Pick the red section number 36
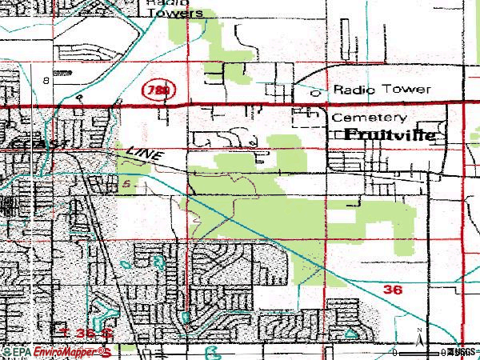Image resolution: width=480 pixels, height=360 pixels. [393, 290]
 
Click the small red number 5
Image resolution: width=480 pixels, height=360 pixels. [126, 184]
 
